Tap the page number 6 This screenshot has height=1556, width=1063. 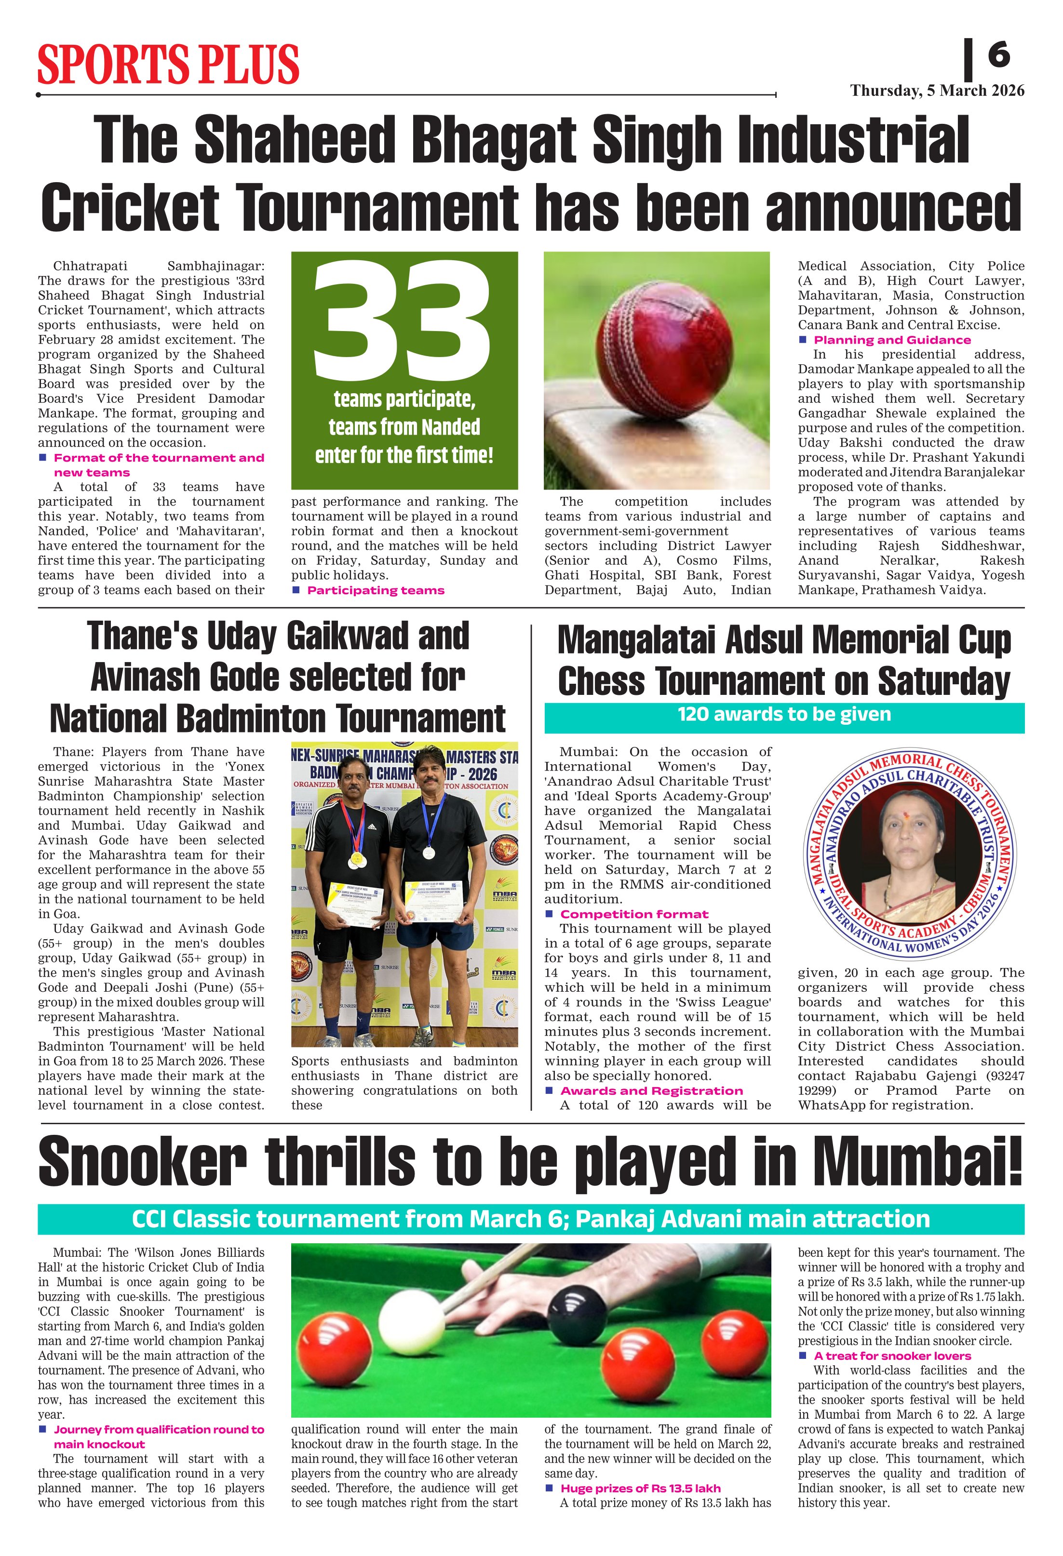point(998,54)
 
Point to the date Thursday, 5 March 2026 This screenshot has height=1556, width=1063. point(937,91)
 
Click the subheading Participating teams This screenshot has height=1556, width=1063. point(375,590)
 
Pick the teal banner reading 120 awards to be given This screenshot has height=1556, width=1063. point(784,715)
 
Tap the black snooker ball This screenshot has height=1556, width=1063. point(578,1310)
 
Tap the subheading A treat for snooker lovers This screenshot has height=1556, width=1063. point(892,1357)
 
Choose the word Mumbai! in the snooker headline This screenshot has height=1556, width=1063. point(917,1163)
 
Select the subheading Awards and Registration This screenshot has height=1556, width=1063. point(651,1091)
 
